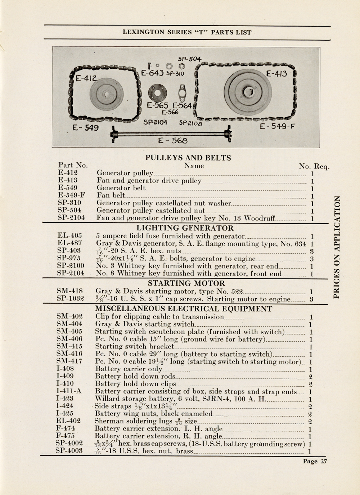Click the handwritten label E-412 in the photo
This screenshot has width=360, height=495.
86,78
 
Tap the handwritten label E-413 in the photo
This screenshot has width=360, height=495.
276,73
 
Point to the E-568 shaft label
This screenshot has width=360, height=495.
173,141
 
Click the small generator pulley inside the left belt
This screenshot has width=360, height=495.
107,94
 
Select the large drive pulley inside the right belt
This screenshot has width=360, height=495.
248,92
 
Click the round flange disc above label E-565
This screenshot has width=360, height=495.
157,93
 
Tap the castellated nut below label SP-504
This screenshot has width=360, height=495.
181,66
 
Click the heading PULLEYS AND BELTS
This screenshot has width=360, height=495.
188,158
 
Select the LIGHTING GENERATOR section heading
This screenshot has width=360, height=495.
185,228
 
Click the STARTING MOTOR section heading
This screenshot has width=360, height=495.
186,283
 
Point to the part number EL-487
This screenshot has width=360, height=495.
69,243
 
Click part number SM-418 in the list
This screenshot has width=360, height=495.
69,291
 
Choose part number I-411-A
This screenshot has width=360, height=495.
69,391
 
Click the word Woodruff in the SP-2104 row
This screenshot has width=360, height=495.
260,218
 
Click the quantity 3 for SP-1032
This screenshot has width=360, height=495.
311,299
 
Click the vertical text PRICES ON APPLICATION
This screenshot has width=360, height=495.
336,247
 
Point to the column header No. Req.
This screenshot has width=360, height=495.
314,166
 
